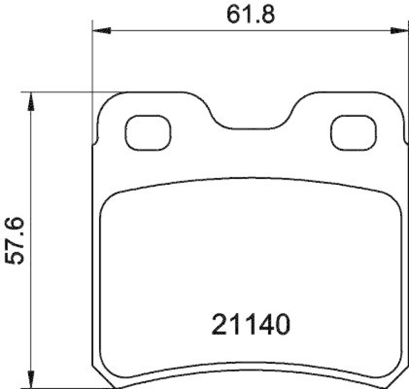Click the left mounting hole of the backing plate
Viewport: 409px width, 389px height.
click(x=148, y=133)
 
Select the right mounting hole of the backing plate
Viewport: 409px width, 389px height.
click(x=354, y=133)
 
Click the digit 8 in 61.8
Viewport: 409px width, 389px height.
click(x=266, y=15)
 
